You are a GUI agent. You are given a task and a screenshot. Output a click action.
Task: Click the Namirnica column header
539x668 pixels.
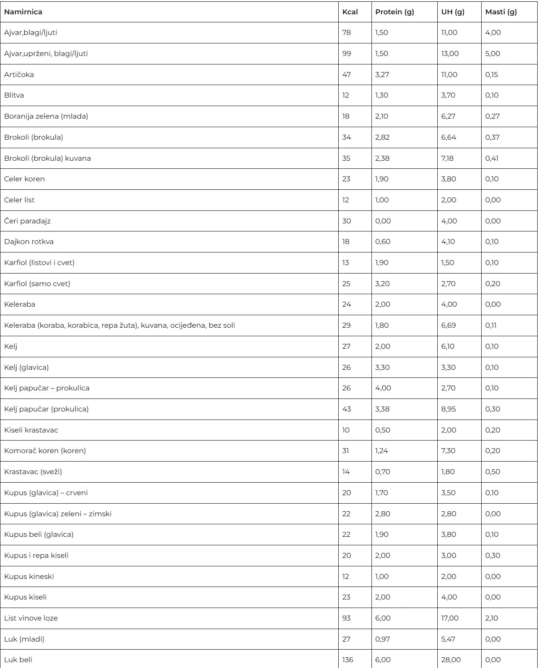click(x=23, y=12)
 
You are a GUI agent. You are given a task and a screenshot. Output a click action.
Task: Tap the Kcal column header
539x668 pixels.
click(x=350, y=12)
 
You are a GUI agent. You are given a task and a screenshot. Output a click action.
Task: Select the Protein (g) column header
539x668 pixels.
click(x=394, y=12)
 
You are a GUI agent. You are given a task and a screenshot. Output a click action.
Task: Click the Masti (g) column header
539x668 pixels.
click(x=501, y=12)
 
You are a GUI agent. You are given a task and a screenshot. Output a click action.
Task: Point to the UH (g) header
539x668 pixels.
click(x=453, y=12)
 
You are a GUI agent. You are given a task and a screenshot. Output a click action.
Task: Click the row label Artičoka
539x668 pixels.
click(x=19, y=75)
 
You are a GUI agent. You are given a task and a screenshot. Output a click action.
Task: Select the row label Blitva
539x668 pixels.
click(x=14, y=95)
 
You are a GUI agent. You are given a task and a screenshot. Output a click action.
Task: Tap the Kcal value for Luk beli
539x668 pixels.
click(x=348, y=659)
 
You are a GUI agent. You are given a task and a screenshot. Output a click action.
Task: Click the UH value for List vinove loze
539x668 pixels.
click(x=450, y=618)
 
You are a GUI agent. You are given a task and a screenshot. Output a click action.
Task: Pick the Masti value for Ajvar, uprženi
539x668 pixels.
click(x=492, y=54)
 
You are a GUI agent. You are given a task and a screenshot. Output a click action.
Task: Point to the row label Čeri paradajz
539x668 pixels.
click(x=27, y=221)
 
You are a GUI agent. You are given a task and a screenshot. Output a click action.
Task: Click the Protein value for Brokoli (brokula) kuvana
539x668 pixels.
click(x=382, y=158)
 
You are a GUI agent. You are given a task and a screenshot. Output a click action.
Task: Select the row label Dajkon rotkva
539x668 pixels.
click(x=29, y=242)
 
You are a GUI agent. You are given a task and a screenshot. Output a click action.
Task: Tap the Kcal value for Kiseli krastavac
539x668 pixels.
click(x=346, y=430)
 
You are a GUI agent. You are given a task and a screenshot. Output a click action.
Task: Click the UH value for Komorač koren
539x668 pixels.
click(x=448, y=451)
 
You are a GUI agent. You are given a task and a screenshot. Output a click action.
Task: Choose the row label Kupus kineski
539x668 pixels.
click(x=29, y=576)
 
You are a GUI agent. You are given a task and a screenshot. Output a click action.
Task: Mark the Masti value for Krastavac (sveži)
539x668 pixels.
click(x=492, y=472)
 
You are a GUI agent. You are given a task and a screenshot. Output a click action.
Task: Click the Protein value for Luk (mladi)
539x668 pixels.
click(x=382, y=639)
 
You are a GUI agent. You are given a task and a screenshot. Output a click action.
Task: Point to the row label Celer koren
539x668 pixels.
click(x=25, y=179)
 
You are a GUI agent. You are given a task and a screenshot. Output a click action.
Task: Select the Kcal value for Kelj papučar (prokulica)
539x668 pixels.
click(x=346, y=409)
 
